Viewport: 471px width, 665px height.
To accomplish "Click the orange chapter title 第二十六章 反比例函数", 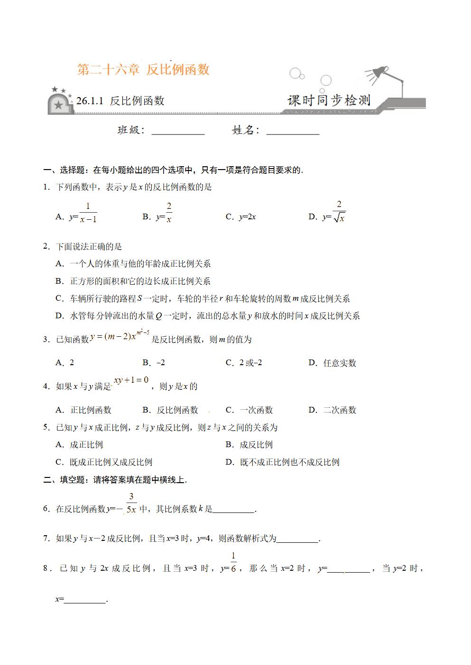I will click(x=143, y=70).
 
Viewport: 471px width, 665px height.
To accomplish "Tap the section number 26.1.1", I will click(x=90, y=100).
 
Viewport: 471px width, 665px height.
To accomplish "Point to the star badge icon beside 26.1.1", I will click(x=59, y=102).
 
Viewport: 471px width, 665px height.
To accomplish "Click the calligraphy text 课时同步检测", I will click(x=329, y=100).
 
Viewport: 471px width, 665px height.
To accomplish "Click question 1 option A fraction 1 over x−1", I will click(x=88, y=213).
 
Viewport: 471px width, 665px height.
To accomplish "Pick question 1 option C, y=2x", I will click(x=241, y=217).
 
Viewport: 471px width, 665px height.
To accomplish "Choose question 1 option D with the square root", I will click(x=334, y=212).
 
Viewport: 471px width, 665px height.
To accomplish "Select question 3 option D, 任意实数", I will click(x=332, y=363).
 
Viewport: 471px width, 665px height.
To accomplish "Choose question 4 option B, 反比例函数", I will click(x=171, y=410).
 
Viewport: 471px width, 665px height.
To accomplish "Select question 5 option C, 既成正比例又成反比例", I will click(x=104, y=462).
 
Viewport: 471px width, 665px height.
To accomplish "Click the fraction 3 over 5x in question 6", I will click(x=131, y=503).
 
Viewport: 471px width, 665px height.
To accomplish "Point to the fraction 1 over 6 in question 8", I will click(x=233, y=562).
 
